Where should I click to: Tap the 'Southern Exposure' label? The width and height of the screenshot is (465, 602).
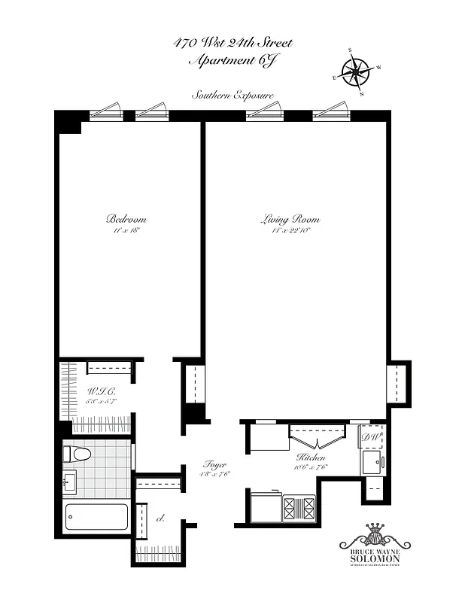(232, 96)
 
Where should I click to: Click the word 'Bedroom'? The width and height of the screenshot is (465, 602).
(126, 219)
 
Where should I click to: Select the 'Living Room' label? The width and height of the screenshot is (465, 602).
(290, 220)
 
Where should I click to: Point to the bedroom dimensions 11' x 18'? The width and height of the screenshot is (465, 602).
(126, 230)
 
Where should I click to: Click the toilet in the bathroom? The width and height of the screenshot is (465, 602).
(75, 454)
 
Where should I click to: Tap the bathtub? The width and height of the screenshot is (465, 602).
(96, 517)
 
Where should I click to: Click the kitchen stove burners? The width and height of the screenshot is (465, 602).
(299, 508)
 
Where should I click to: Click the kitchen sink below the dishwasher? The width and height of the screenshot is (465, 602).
(372, 462)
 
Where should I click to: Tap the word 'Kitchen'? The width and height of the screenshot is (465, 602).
(310, 458)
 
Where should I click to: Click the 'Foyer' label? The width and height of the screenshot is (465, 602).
(215, 464)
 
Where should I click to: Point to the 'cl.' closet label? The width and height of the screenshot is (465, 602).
(160, 518)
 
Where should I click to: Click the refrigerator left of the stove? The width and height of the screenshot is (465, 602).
(264, 506)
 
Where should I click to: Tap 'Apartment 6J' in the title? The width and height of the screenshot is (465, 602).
(232, 60)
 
